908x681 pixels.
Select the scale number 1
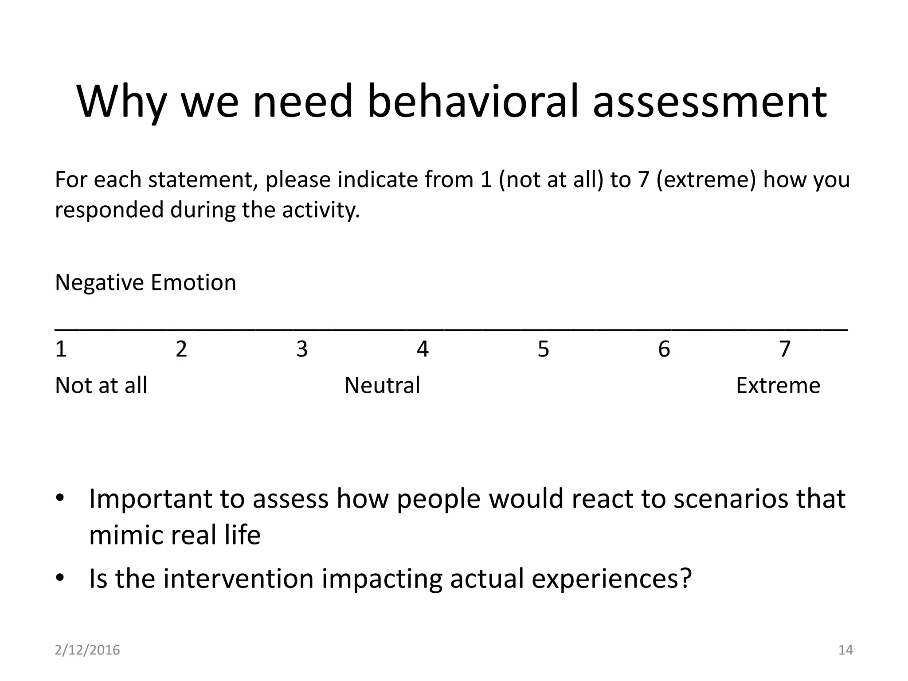click(x=61, y=349)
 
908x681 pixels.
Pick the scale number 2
click(x=181, y=349)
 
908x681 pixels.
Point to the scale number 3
click(x=302, y=349)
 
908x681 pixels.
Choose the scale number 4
click(x=423, y=349)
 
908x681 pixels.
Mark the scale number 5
click(x=543, y=349)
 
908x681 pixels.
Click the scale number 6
click(x=664, y=349)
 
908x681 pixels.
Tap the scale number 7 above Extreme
click(x=785, y=349)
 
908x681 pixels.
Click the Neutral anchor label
click(x=382, y=385)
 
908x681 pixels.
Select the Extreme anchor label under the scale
click(x=778, y=385)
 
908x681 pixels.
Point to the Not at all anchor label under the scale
click(x=101, y=385)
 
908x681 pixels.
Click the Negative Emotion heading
click(x=145, y=282)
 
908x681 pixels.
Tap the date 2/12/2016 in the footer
click(x=87, y=650)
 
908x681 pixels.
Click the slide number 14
click(x=845, y=650)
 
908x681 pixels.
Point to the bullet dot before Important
click(x=60, y=498)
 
